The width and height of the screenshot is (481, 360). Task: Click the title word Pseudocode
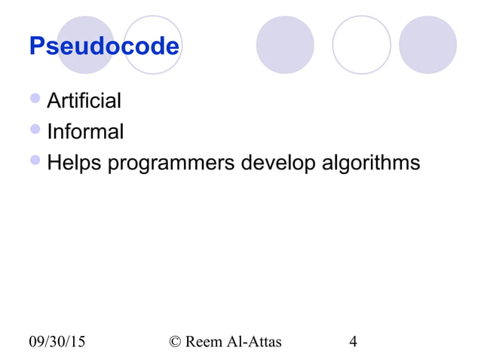pyautogui.click(x=104, y=47)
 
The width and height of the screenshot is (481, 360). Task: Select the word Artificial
pyautogui.click(x=84, y=100)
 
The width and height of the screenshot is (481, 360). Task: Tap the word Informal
pyautogui.click(x=85, y=132)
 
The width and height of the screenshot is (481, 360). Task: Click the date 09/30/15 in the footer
pyautogui.click(x=57, y=342)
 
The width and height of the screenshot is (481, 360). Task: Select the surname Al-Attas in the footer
pyautogui.click(x=255, y=342)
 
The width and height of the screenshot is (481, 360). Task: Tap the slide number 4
pyautogui.click(x=353, y=342)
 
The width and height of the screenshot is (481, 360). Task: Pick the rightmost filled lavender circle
pyautogui.click(x=427, y=45)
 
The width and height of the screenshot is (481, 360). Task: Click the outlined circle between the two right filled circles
pyautogui.click(x=362, y=45)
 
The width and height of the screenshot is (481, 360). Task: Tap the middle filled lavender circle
pyautogui.click(x=285, y=45)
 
